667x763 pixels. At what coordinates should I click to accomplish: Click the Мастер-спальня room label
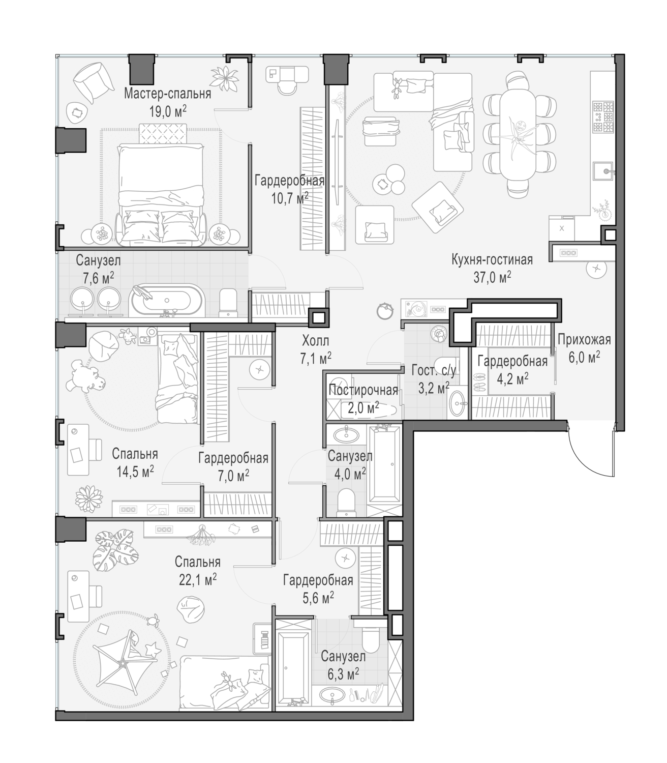pyautogui.click(x=167, y=94)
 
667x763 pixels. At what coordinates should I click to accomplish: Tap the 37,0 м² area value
pyautogui.click(x=492, y=277)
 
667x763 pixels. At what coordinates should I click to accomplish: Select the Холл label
pyautogui.click(x=315, y=340)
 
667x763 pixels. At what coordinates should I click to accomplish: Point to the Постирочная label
pyautogui.click(x=363, y=391)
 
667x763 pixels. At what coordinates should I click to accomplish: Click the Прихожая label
pyautogui.click(x=584, y=340)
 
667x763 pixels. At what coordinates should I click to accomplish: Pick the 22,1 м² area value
pyautogui.click(x=198, y=580)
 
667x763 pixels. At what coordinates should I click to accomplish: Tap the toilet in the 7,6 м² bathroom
pyautogui.click(x=228, y=303)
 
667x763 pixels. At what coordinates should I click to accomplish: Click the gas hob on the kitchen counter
pyautogui.click(x=603, y=116)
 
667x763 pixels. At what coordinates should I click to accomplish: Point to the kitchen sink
pyautogui.click(x=603, y=171)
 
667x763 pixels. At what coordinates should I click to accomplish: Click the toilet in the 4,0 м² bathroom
pyautogui.click(x=346, y=503)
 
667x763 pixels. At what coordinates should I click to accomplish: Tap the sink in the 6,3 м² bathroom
pyautogui.click(x=331, y=695)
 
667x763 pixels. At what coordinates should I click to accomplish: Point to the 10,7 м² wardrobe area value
pyautogui.click(x=290, y=198)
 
